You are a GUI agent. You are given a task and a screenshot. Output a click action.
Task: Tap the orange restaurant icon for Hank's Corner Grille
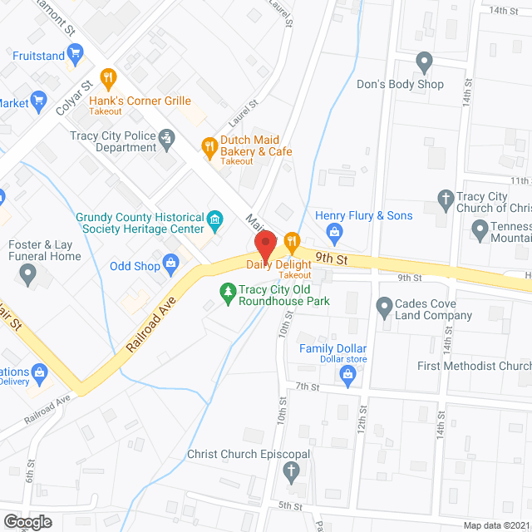pyautogui.click(x=107, y=79)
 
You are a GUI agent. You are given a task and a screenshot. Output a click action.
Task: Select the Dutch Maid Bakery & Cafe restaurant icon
pyautogui.click(x=209, y=147)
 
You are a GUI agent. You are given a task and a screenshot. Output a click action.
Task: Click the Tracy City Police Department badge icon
pyautogui.click(x=167, y=136)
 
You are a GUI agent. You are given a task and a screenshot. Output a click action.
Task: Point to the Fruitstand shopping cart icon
pyautogui.click(x=74, y=56)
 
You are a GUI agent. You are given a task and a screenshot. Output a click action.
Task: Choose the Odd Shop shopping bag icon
pyautogui.click(x=171, y=266)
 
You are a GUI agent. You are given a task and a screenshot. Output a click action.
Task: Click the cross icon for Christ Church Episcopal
pyautogui.click(x=291, y=473)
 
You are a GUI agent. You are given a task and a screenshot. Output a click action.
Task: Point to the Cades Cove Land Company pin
pyautogui.click(x=384, y=308)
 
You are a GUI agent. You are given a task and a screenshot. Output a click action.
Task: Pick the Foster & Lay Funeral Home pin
pyautogui.click(x=30, y=275)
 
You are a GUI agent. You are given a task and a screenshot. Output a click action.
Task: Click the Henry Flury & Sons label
pyautogui.click(x=364, y=216)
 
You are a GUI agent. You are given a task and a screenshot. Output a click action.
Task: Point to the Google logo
pyautogui.click(x=27, y=521)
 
